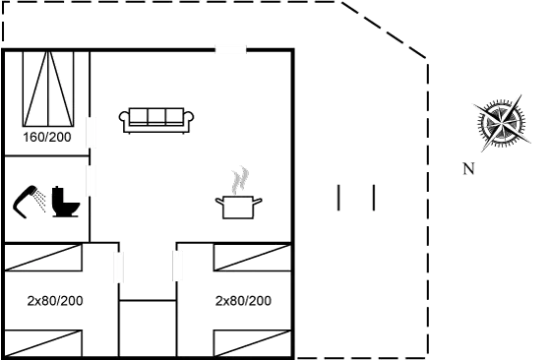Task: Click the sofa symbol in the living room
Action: (156, 118)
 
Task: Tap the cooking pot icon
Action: (238, 206)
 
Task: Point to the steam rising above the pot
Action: (239, 180)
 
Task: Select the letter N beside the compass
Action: (468, 169)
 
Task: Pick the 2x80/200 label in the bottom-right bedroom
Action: (243, 300)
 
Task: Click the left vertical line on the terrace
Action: (337, 197)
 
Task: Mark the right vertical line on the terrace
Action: (374, 197)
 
